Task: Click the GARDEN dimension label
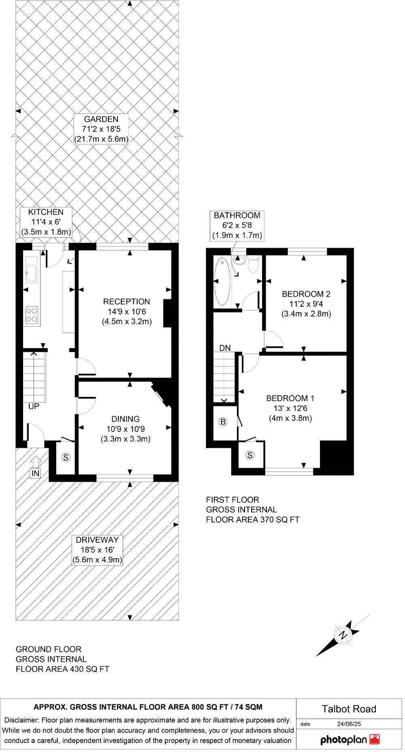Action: coord(101,129)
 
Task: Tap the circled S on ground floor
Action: coord(66,457)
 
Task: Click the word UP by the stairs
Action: coord(34,406)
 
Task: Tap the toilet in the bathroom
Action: coord(254,265)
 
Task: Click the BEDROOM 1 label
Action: coord(290,408)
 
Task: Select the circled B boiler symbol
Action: coord(223,422)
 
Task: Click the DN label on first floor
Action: coord(225,348)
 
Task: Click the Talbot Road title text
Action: coord(349,709)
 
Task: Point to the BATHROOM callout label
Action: coord(237,225)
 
